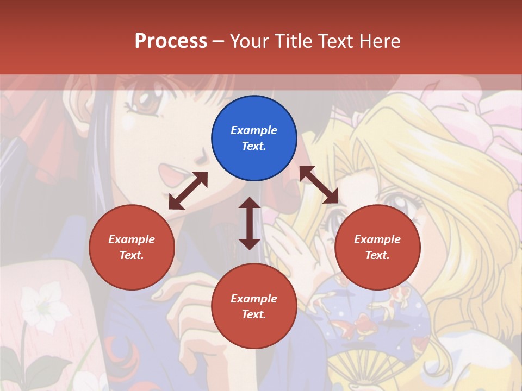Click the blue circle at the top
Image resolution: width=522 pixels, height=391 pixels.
click(254, 138)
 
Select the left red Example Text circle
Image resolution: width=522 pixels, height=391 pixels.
click(132, 247)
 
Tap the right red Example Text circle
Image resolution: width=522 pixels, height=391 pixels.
click(377, 247)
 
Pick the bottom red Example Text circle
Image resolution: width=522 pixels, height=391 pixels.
click(254, 306)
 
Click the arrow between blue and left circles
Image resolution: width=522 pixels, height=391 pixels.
click(188, 191)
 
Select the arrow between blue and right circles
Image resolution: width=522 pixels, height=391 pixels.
click(319, 185)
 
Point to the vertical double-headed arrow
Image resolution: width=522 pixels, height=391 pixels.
click(250, 223)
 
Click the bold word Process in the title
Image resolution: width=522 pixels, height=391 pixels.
click(171, 41)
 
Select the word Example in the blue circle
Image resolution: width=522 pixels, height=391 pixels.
click(254, 130)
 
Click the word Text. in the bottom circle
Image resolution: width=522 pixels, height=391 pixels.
click(254, 314)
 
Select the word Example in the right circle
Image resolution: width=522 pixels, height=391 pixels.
click(377, 239)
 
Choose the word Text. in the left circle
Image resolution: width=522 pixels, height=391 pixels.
click(132, 255)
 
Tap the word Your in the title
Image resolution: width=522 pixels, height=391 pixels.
click(248, 41)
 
